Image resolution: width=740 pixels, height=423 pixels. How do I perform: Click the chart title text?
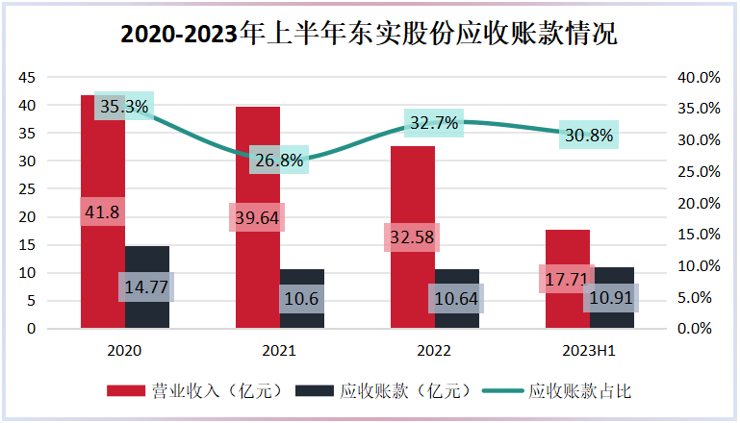(369, 34)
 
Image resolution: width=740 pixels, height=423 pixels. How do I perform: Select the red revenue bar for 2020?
(103, 211)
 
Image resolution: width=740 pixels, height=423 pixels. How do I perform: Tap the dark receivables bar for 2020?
(147, 286)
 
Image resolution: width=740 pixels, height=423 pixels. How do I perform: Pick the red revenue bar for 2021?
(258, 217)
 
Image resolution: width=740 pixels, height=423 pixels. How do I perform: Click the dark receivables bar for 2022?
(457, 299)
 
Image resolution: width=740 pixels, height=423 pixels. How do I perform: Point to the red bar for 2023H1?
(568, 279)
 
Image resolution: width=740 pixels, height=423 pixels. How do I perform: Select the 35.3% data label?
(124, 106)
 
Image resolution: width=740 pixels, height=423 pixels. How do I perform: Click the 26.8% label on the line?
(279, 160)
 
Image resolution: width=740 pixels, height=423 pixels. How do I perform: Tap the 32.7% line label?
(434, 123)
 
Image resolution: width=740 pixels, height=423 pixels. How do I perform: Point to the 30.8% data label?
(589, 135)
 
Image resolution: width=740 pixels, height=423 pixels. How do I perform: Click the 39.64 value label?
(257, 217)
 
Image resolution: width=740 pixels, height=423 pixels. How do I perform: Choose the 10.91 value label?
(611, 298)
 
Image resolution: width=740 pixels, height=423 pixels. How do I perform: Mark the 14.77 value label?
(146, 286)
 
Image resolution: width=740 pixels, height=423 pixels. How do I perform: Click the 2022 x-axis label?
(434, 350)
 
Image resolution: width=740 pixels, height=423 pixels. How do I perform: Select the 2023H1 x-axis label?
(589, 350)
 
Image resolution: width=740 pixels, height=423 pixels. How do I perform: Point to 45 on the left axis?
(27, 77)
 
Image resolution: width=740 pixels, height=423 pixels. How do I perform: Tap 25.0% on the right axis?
(699, 172)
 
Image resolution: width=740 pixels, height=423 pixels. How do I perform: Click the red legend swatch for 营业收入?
(125, 391)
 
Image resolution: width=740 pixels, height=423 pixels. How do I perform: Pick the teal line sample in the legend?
(502, 391)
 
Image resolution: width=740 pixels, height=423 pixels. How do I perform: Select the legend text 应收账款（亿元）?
(406, 391)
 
